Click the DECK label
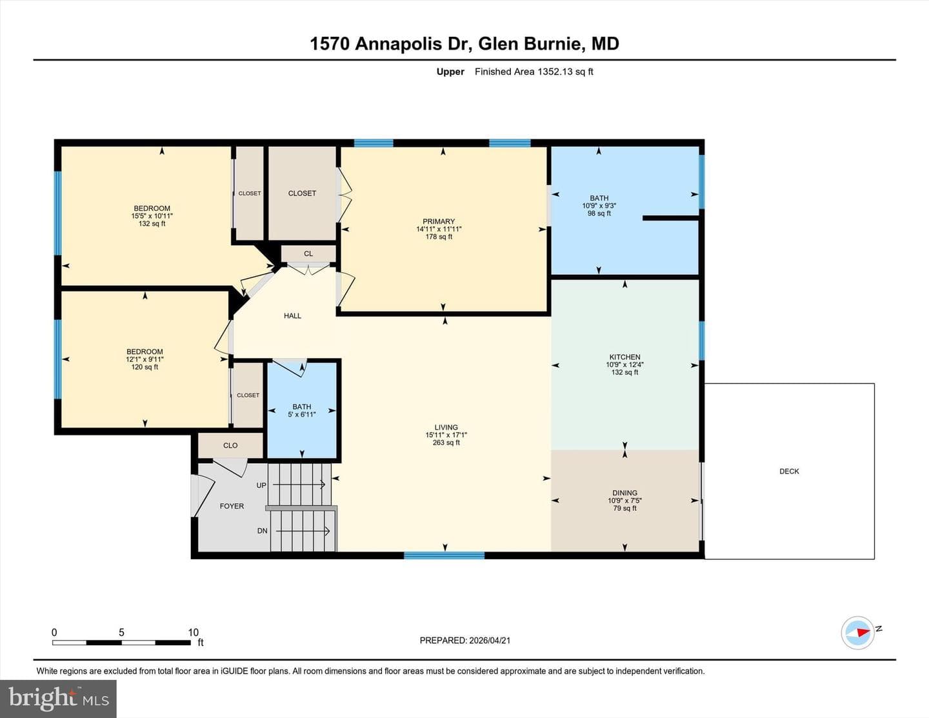click(789, 471)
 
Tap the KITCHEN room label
click(624, 357)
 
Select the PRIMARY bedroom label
click(439, 221)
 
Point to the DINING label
click(624, 493)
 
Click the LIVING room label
click(446, 427)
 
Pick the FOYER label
click(232, 506)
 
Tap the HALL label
click(292, 316)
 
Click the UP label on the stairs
click(261, 485)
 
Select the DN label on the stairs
click(262, 531)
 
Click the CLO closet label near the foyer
click(230, 445)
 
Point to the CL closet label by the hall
click(308, 254)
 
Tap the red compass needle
click(864, 632)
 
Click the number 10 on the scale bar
click(194, 632)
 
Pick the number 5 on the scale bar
click(121, 632)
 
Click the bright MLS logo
click(59, 699)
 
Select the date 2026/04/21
click(490, 640)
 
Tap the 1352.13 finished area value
click(555, 72)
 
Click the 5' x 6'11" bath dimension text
click(302, 415)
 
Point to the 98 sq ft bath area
click(599, 214)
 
